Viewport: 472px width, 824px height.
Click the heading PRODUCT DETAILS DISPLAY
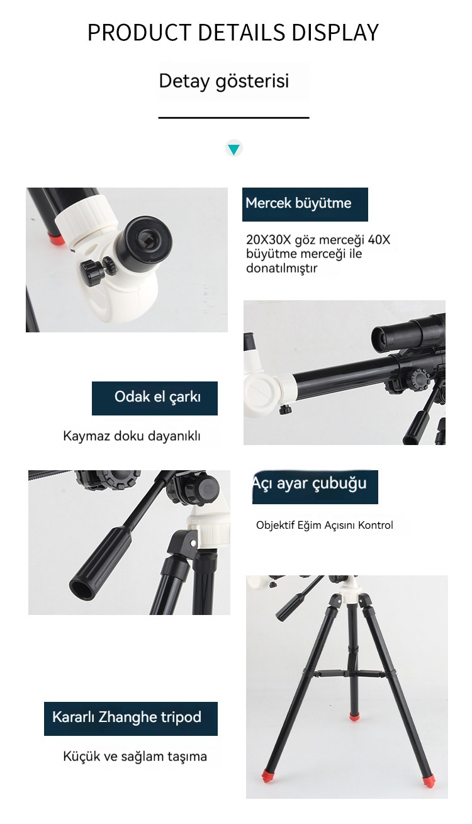233,32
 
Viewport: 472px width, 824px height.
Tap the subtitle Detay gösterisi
223,81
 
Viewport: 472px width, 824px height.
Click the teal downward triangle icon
233,149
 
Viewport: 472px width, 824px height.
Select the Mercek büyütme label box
305,204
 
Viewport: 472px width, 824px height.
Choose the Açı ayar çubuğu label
315,487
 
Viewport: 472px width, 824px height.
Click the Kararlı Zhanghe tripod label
131,719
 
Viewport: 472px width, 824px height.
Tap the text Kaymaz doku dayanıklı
132,436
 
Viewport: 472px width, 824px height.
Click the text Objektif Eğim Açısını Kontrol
325,525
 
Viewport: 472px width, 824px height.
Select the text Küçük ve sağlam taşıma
135,757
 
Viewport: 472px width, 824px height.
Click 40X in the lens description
379,240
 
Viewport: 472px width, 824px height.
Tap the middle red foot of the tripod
354,716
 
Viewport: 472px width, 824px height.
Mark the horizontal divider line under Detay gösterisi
233,118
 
